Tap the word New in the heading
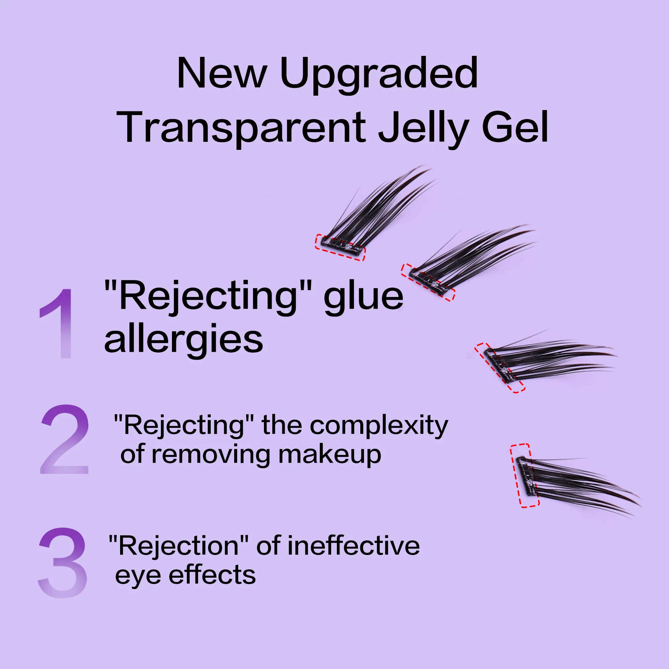tap(222, 73)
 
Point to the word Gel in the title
tap(515, 127)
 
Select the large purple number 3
tap(62, 563)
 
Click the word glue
tap(364, 299)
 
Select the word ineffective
tap(353, 546)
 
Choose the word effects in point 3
tap(212, 575)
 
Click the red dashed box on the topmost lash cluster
tap(340, 247)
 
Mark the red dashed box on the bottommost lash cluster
tap(524, 475)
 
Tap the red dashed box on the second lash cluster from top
tap(428, 283)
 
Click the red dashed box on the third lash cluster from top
tap(500, 368)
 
